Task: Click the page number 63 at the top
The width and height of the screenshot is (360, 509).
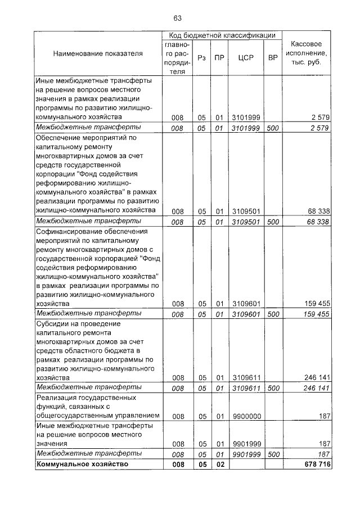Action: click(x=178, y=19)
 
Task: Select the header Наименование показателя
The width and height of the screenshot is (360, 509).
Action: click(x=98, y=53)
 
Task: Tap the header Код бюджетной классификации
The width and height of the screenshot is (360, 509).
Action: click(x=222, y=35)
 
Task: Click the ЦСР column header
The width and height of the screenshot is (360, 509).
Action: click(x=244, y=57)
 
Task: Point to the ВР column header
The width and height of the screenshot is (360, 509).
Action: click(x=273, y=57)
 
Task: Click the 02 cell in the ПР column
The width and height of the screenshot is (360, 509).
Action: click(x=220, y=464)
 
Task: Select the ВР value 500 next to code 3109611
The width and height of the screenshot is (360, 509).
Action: click(x=273, y=388)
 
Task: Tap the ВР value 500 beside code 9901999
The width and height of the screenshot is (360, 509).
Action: click(x=273, y=454)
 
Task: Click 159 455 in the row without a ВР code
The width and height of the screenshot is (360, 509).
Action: click(x=317, y=303)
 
